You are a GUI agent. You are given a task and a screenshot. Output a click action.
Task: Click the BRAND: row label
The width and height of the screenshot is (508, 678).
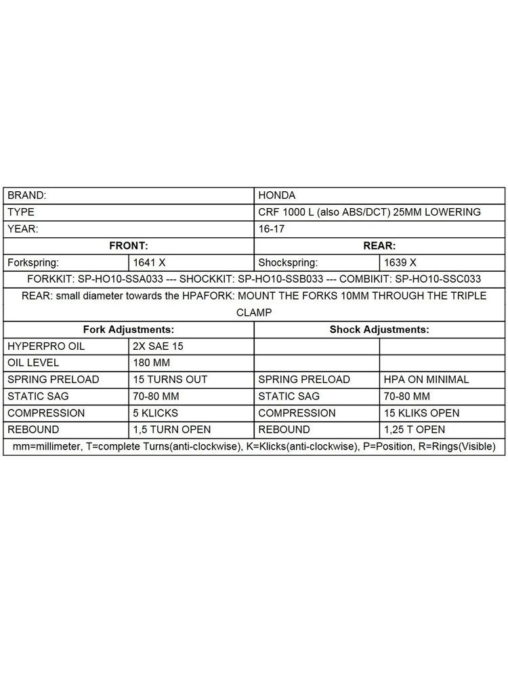click(x=27, y=195)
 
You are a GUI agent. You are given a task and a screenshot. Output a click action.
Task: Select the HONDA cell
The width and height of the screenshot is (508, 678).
click(x=277, y=195)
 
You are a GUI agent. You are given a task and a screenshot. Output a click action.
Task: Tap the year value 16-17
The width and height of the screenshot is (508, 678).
click(x=272, y=228)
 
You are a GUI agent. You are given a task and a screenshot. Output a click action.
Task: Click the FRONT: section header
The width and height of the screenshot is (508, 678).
click(x=129, y=245)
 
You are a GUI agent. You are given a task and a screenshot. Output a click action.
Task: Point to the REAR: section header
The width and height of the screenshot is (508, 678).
click(x=379, y=245)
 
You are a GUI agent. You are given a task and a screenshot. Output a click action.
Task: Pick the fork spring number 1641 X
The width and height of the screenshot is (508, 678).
click(x=150, y=262)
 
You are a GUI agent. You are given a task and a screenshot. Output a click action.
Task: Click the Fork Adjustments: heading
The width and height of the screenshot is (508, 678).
click(x=129, y=330)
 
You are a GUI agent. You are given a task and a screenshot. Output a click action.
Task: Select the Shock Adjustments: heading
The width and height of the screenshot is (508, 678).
click(x=379, y=330)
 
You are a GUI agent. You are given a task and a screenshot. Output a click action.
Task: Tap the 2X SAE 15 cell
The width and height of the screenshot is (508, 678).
click(x=159, y=346)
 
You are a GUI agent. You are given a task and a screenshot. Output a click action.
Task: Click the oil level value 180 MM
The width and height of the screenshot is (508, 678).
click(x=154, y=363)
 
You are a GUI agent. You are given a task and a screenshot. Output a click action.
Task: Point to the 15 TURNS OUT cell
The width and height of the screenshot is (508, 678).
click(x=171, y=380)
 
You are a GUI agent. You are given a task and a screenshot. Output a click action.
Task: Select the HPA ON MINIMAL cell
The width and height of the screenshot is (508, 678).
click(x=425, y=380)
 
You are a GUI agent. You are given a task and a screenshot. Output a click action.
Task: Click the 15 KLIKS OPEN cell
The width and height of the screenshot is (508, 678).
click(x=421, y=413)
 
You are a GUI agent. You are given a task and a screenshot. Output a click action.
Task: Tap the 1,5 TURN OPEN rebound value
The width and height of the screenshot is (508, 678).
click(x=172, y=430)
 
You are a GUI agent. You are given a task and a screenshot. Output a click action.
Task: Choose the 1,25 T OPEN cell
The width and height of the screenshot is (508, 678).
click(x=415, y=430)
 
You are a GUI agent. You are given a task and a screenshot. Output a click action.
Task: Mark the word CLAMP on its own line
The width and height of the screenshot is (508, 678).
click(x=254, y=313)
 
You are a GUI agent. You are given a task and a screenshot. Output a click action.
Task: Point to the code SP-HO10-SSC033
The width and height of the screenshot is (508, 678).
click(x=438, y=279)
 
